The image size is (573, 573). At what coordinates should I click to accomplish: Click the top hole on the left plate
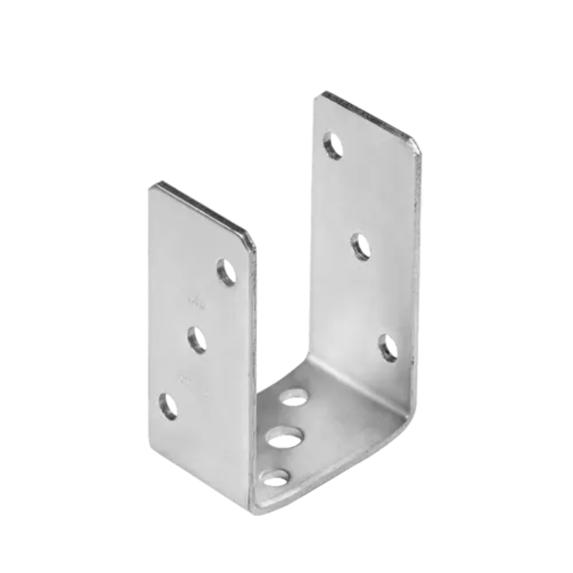tap(227, 272)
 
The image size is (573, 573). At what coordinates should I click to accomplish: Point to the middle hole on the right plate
tap(358, 244)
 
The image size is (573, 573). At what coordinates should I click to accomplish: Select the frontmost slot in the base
tap(277, 474)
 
